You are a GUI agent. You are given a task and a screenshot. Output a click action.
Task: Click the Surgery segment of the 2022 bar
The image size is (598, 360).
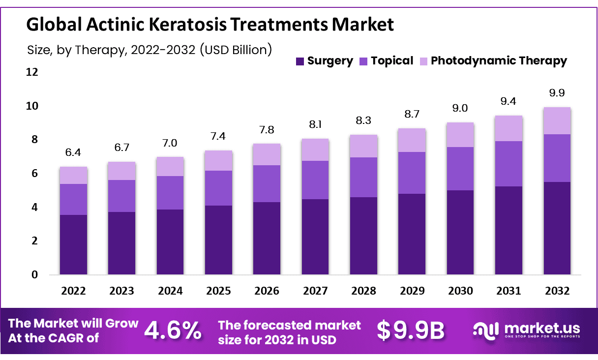coord(74,244)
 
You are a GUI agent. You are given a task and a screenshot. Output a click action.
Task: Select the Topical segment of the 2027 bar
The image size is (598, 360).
coord(315,180)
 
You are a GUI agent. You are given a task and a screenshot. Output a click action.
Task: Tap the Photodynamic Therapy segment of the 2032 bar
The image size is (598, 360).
coord(557,120)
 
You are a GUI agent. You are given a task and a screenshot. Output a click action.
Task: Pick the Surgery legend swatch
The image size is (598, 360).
coord(299,61)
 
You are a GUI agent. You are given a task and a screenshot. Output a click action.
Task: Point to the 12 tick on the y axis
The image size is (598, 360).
coord(31,72)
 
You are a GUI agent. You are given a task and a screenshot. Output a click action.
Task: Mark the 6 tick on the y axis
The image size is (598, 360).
coord(34,174)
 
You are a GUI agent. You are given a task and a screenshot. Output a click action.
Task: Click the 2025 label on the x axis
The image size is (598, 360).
coord(218,291)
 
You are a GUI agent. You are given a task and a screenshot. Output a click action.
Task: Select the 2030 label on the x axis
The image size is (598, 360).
coord(460,291)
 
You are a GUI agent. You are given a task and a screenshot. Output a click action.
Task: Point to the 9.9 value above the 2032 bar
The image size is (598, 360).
coord(557,93)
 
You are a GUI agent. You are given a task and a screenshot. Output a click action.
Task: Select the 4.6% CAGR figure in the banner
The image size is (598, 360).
coord(173,331)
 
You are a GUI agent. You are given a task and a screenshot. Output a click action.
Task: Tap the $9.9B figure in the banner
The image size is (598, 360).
coord(410,331)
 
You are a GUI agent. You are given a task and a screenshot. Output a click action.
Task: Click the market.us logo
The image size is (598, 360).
coord(526,330)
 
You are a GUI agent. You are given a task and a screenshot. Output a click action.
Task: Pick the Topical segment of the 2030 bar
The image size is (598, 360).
coord(460,169)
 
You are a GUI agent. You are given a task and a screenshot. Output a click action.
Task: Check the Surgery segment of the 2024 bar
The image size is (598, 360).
coord(170,242)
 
